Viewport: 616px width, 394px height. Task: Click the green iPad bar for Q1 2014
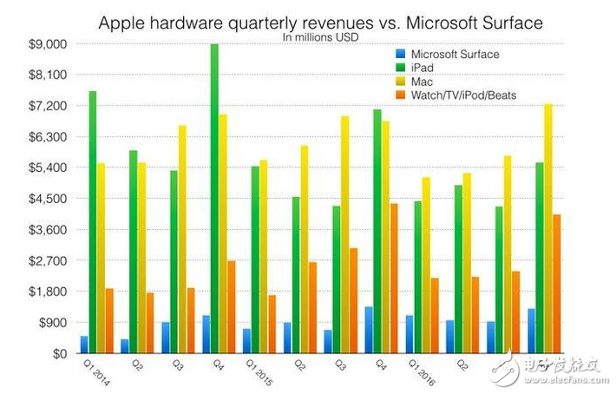pyautogui.click(x=92, y=222)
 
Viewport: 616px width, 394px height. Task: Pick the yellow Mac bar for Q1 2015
pyautogui.click(x=263, y=257)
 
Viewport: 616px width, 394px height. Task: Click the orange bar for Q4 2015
pyautogui.click(x=393, y=279)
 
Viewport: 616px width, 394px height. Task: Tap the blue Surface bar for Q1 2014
pyautogui.click(x=84, y=345)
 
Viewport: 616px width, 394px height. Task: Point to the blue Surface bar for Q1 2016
pyautogui.click(x=410, y=334)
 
